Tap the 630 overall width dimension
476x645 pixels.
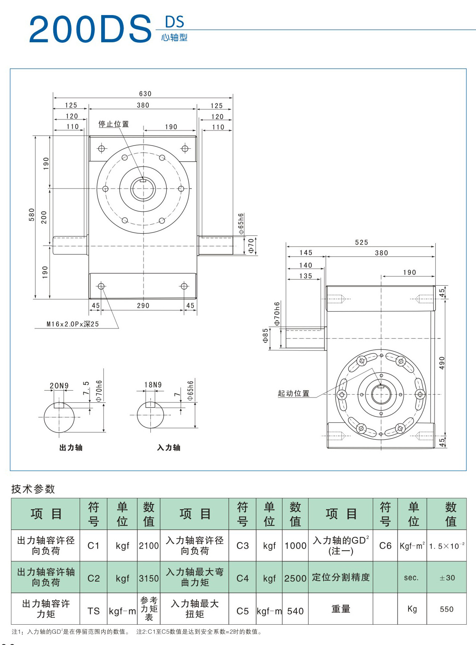[x=145, y=93]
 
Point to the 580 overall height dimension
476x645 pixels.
[x=31, y=215]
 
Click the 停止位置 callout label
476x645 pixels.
[x=113, y=124]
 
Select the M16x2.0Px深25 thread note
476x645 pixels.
[x=73, y=324]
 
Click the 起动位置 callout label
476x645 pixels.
[x=293, y=393]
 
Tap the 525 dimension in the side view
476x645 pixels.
[x=361, y=242]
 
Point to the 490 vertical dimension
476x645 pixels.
[x=442, y=363]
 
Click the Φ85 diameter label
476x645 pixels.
[x=265, y=336]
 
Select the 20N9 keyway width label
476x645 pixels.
[x=59, y=386]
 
